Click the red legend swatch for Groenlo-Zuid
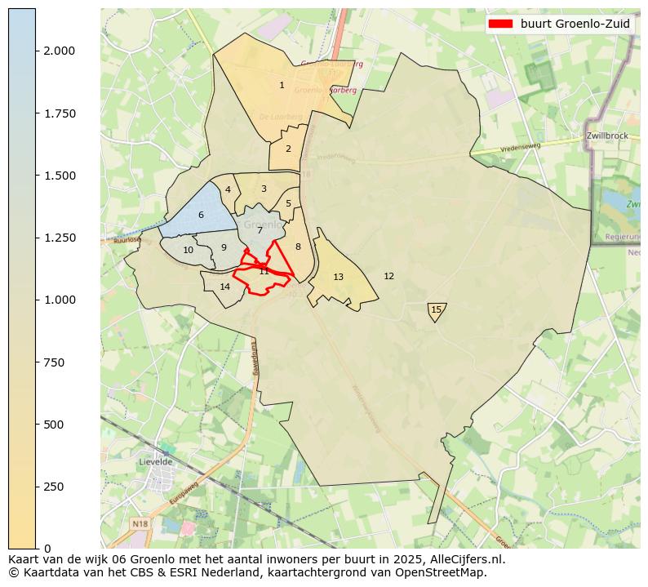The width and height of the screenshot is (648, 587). [501, 24]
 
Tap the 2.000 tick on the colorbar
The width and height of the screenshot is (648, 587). [58, 51]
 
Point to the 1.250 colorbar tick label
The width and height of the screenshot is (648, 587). [58, 238]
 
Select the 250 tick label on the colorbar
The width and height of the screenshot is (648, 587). [54, 487]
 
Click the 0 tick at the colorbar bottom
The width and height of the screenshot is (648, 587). [47, 549]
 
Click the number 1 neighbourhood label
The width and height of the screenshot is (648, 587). [282, 85]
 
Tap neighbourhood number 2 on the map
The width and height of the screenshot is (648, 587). [288, 149]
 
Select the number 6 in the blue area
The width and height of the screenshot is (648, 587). [201, 216]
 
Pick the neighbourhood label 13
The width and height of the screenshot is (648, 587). [338, 278]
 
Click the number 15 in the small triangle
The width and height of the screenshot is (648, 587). [436, 309]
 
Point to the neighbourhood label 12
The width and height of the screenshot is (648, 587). [388, 277]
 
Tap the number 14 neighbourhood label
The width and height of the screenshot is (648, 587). [225, 287]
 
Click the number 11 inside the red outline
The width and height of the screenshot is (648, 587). [264, 271]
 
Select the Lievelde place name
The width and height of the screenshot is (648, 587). [155, 461]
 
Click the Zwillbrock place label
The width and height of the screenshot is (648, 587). [606, 136]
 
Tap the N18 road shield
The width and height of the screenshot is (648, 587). [140, 523]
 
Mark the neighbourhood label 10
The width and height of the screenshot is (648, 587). [188, 251]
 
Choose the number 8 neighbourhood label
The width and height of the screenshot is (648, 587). [298, 247]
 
